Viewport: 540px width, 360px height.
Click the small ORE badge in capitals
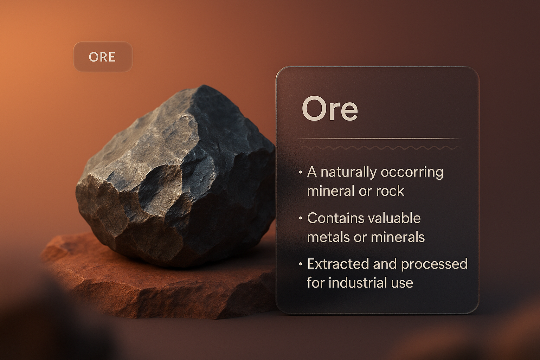point(103,57)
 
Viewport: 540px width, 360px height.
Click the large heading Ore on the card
point(330,109)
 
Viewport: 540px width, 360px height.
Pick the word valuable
point(392,218)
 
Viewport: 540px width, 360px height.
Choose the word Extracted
point(338,264)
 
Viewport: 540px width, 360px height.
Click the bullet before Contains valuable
point(300,218)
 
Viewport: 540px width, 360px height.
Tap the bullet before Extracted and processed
point(300,264)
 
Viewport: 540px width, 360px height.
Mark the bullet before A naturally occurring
point(300,172)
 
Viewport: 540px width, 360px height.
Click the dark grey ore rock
point(176,176)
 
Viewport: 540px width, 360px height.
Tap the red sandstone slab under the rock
point(154,284)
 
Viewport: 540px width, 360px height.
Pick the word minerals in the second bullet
point(398,237)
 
